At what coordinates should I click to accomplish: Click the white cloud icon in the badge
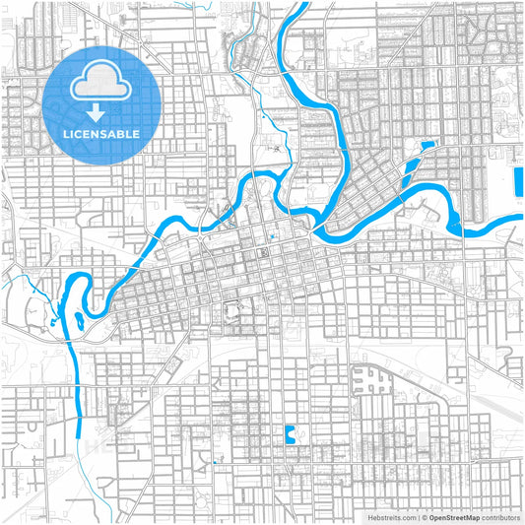(x=102, y=84)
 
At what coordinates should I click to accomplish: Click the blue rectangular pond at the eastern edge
(x=518, y=183)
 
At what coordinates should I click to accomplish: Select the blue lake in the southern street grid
(x=290, y=432)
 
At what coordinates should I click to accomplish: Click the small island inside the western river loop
(x=77, y=317)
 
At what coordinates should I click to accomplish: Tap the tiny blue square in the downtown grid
(x=271, y=238)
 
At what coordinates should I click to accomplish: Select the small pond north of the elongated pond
(x=427, y=147)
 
